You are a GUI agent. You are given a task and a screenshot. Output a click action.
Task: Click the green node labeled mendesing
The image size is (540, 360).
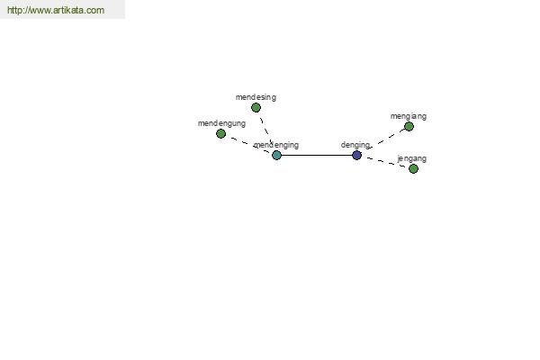(x=256, y=108)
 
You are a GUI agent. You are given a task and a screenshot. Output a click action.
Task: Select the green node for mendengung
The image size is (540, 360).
(x=220, y=134)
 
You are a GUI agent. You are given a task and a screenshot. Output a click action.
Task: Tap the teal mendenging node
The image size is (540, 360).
(x=276, y=156)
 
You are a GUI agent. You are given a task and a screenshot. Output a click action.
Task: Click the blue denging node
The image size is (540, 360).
(x=356, y=156)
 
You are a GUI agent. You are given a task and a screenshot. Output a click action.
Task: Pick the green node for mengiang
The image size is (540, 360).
(x=409, y=127)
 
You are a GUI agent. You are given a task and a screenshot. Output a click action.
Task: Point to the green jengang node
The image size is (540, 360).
(x=413, y=169)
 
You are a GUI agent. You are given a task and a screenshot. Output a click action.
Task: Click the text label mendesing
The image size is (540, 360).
(x=256, y=97)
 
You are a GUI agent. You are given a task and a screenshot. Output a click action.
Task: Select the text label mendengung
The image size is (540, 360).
(x=221, y=123)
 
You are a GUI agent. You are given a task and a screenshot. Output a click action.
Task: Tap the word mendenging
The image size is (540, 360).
(x=276, y=145)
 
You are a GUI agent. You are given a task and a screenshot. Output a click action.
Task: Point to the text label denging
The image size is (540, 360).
(x=355, y=145)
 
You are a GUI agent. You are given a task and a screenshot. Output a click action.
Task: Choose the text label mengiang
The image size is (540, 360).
(x=409, y=116)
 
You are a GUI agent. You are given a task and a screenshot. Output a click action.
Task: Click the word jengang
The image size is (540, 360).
(x=412, y=158)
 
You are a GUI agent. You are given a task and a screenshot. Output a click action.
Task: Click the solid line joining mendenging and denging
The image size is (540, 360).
(x=317, y=156)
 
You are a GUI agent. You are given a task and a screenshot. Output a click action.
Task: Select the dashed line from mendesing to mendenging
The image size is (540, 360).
(x=266, y=130)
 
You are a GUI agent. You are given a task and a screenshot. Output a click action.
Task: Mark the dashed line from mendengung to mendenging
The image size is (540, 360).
(x=250, y=145)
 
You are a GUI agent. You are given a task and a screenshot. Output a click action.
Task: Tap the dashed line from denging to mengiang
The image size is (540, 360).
(x=386, y=139)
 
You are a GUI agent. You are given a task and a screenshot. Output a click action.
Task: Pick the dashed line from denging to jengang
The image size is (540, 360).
(x=386, y=162)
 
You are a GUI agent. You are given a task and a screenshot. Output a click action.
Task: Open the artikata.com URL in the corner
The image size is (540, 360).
(x=56, y=10)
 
